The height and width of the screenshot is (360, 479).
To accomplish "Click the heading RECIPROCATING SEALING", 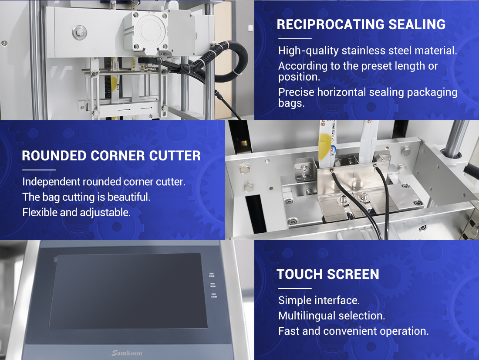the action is (x=361, y=24).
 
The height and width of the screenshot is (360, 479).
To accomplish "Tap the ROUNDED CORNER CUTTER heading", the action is (x=111, y=156).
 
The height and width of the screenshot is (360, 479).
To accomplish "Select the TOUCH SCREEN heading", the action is (x=328, y=275).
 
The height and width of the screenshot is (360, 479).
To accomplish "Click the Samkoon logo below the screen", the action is (x=127, y=353).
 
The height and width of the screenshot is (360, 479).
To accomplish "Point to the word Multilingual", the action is (x=308, y=316).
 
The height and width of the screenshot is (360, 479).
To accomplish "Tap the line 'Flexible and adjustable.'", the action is (x=76, y=212).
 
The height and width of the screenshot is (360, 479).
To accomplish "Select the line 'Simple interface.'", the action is (x=319, y=300).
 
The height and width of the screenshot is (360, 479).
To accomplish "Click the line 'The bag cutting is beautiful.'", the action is (x=86, y=197).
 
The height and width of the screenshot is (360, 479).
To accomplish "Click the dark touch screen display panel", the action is (x=128, y=291).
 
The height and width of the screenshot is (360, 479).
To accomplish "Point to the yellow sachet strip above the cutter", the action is (x=327, y=144).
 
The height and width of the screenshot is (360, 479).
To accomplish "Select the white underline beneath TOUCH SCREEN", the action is (x=295, y=288).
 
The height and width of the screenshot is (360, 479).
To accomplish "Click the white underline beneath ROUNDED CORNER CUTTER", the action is (x=39, y=170).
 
